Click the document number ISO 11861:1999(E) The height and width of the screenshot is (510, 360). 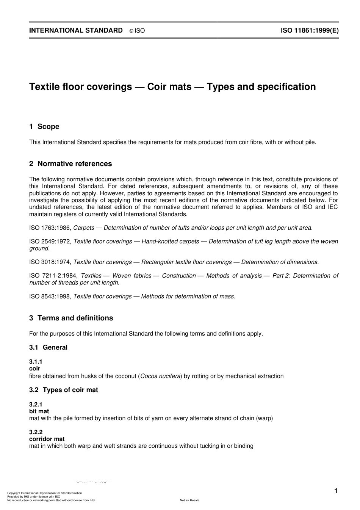coord(309,31)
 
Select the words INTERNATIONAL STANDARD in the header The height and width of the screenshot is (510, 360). coord(76,31)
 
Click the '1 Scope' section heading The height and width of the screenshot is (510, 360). coord(44,127)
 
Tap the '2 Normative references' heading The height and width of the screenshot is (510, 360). coord(70,164)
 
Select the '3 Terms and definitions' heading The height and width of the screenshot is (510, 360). coord(71,318)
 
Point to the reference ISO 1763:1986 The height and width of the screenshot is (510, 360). coord(50,228)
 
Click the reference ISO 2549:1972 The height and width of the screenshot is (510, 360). coord(50,242)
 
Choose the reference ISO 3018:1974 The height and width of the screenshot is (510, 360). coord(50,262)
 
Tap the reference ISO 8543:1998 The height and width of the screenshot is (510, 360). coord(50,296)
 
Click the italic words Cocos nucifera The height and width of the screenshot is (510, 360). coord(160,376)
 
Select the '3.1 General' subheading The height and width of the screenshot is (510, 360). coord(49,347)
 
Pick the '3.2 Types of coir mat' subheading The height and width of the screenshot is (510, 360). coord(64,390)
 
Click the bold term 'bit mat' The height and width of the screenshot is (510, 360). coord(39,411)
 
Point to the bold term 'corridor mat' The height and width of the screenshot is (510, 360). coord(47,439)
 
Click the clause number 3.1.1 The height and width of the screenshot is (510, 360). coord(36,362)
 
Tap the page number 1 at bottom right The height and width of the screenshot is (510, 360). coord(336,491)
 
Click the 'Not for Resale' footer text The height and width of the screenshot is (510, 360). coord(189,501)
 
